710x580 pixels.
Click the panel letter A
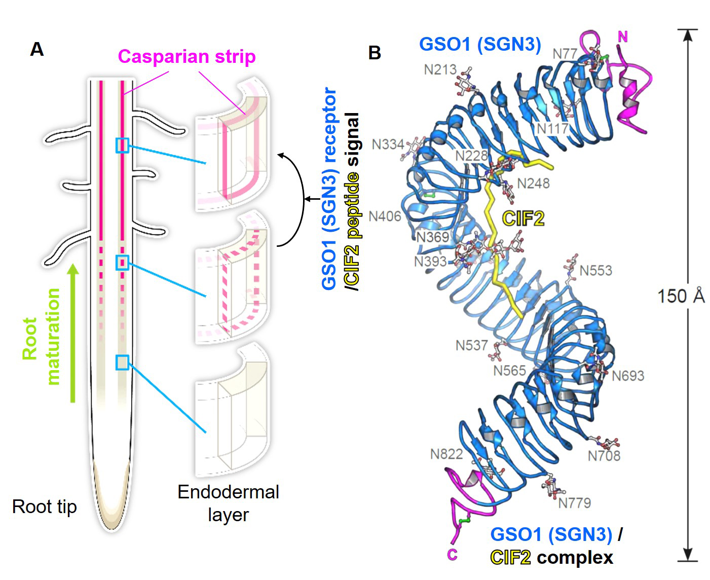(x=37, y=49)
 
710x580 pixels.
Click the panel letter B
(x=375, y=52)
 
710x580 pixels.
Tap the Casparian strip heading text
(x=186, y=56)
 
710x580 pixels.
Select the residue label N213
(x=440, y=69)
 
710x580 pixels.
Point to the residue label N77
(x=565, y=53)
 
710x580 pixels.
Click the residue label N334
(x=388, y=144)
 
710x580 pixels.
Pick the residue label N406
(x=385, y=216)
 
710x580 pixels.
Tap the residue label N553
(x=595, y=270)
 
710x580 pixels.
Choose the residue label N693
(x=628, y=376)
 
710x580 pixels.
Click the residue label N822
(x=446, y=454)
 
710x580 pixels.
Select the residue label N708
(x=604, y=456)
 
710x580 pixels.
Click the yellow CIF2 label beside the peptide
(x=523, y=219)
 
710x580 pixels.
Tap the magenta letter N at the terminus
(x=623, y=37)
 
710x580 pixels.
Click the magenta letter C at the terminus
(x=452, y=555)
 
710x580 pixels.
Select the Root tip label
(x=45, y=506)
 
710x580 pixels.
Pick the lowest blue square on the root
(x=122, y=362)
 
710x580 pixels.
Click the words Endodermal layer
(x=228, y=503)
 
